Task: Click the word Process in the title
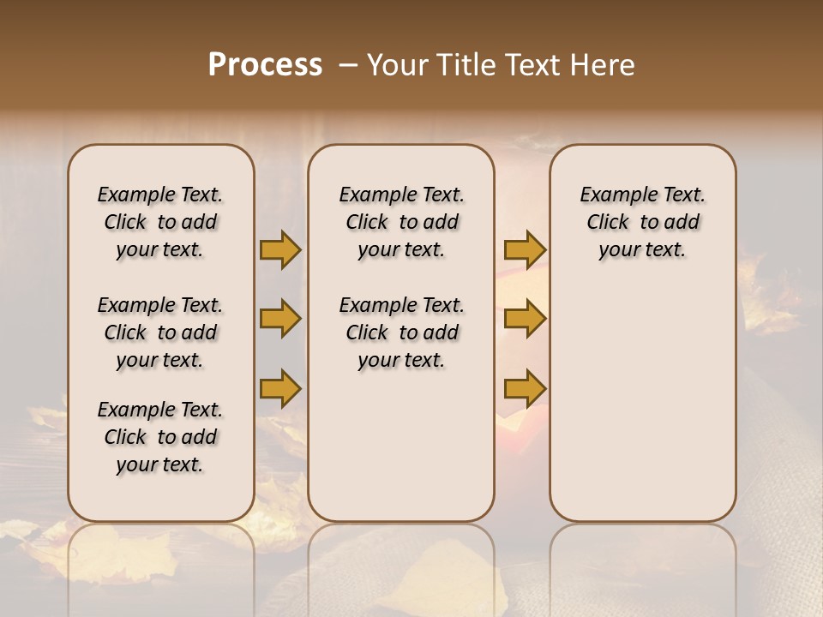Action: [x=265, y=65]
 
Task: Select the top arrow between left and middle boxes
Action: [x=280, y=249]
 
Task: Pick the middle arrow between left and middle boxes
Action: [x=280, y=319]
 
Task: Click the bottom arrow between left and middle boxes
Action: [x=280, y=388]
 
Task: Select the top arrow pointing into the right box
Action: [x=525, y=249]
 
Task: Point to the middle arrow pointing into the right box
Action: [x=525, y=319]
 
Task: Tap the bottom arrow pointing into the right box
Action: [x=525, y=388]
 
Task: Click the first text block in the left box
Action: [x=160, y=222]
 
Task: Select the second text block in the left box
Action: [x=160, y=332]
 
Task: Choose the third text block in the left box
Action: [x=160, y=437]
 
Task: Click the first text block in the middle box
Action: [x=401, y=222]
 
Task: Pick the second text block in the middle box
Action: [x=401, y=332]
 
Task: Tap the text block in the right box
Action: [x=642, y=222]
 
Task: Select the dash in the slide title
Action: [x=347, y=65]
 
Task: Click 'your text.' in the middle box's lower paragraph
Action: [x=401, y=361]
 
